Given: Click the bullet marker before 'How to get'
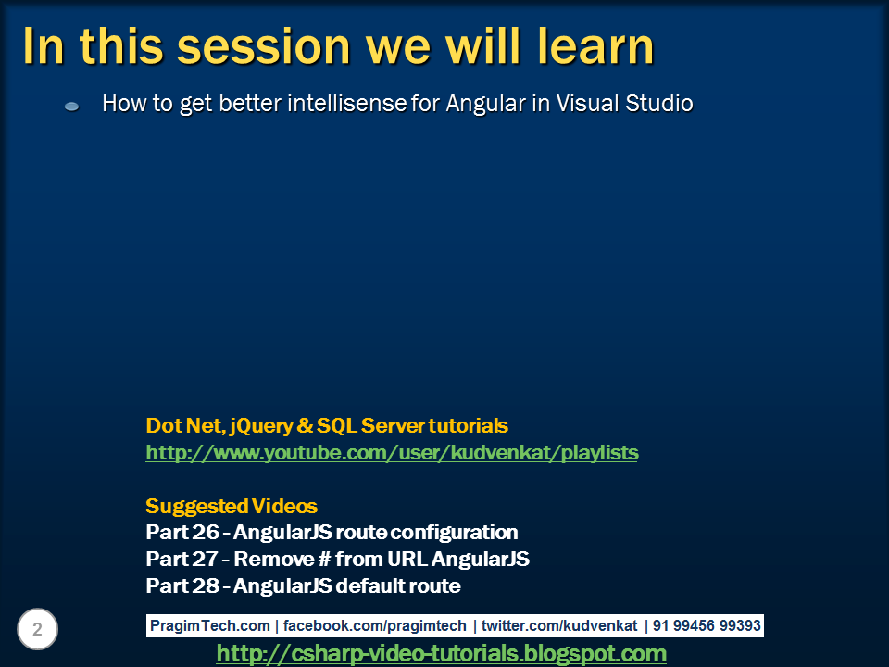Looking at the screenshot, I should coord(71,107).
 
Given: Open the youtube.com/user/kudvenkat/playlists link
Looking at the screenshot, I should coord(392,453).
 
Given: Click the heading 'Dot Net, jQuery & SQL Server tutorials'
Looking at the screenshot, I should coord(327,426).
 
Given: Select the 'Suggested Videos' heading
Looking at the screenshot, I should coord(232,507).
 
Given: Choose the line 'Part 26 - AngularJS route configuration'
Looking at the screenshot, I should coord(332,533).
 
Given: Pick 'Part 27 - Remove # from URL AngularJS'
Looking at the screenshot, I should coord(337,560).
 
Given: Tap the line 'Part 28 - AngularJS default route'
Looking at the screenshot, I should coord(303,586).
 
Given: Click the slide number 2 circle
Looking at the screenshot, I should coord(37,630).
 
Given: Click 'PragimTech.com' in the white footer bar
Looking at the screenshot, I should coord(210,626).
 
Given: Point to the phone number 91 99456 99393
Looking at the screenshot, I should coord(707,626).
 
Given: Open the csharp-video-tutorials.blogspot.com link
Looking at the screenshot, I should coord(441,654).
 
